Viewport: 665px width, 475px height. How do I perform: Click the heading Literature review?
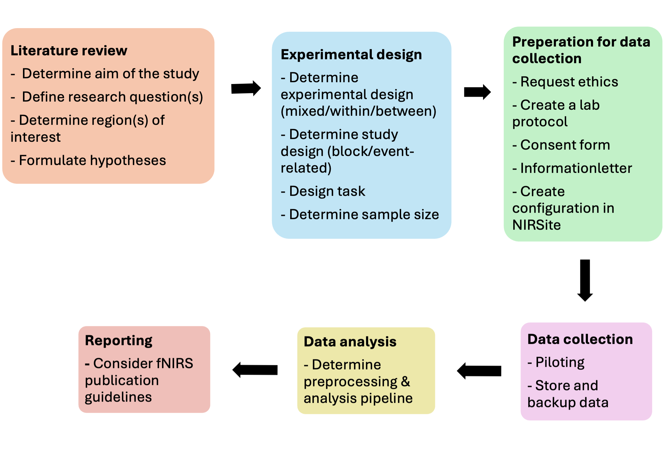click(69, 51)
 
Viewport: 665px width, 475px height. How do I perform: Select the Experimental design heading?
click(351, 55)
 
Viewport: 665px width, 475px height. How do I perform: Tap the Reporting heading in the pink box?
click(118, 341)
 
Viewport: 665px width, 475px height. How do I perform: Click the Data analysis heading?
click(350, 342)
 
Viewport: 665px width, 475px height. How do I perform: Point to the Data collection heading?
click(580, 339)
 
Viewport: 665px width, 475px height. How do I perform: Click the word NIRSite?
click(537, 225)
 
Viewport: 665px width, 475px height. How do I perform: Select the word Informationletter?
click(576, 168)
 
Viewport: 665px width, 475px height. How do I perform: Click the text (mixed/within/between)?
click(358, 111)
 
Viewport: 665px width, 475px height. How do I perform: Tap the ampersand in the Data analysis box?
click(406, 382)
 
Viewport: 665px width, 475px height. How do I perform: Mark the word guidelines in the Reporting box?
click(118, 397)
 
